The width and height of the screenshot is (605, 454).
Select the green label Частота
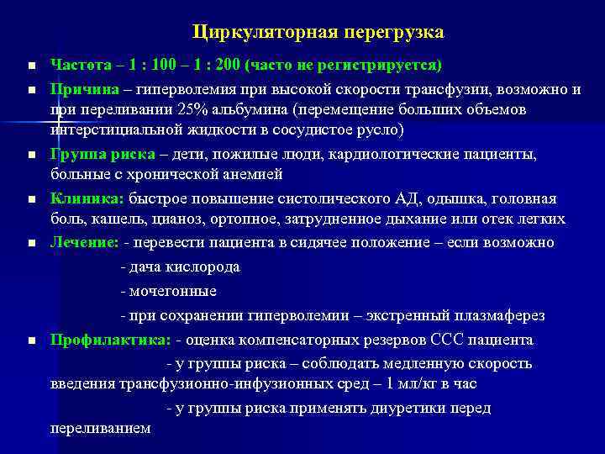[77, 66]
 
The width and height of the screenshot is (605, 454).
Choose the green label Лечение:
[84, 242]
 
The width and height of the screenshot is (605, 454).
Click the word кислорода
[202, 267]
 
